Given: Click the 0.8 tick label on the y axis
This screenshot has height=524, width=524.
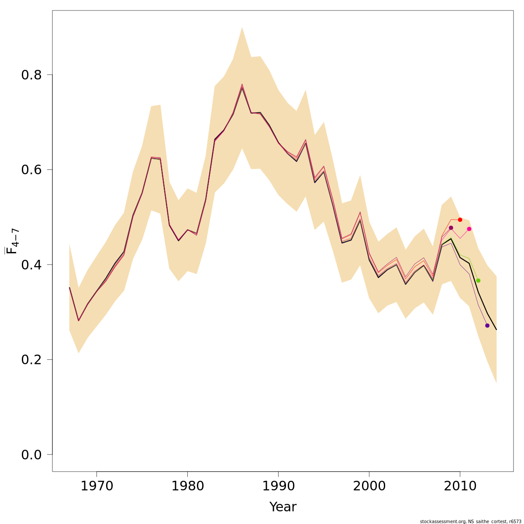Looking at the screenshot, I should click(31, 75).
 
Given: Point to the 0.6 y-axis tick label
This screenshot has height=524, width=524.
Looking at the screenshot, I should click(31, 169).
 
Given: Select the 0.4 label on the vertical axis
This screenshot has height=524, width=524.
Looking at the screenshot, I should click(31, 265).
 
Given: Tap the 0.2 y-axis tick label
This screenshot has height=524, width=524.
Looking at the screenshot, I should click(31, 359).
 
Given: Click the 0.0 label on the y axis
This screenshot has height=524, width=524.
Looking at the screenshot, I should click(31, 455).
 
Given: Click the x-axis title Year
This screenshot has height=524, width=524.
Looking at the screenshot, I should click(283, 507).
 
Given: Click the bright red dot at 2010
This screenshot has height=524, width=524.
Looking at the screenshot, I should click(460, 220).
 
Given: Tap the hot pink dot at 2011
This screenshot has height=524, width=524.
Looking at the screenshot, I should click(469, 229).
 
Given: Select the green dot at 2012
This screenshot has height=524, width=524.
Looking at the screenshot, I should click(478, 280).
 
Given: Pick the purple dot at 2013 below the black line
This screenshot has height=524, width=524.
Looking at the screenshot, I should click(487, 325).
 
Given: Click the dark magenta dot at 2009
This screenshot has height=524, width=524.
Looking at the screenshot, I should click(451, 228).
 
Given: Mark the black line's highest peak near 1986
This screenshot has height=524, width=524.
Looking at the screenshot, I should click(242, 87).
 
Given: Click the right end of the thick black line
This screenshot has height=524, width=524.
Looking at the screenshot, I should click(496, 330).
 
